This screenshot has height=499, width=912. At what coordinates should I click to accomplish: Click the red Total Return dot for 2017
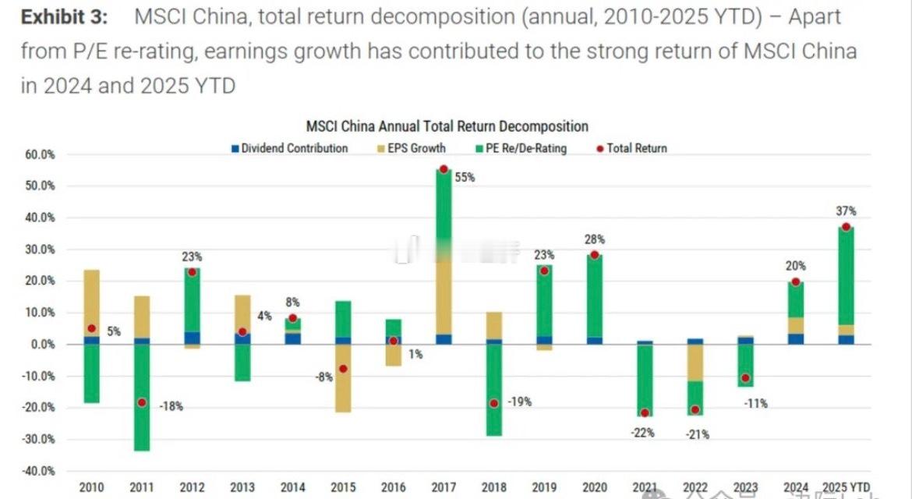pos(444,169)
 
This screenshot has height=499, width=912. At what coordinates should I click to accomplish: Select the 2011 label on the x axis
pos(142,488)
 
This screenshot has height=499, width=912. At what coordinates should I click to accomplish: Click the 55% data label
pos(465,178)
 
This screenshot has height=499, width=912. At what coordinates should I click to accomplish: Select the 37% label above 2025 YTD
pos(847,211)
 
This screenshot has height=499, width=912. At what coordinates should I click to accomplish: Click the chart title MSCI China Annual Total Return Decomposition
pos(447,126)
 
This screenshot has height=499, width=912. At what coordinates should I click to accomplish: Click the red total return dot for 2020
pos(595,255)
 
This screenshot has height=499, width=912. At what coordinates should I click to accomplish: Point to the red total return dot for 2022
pos(695,409)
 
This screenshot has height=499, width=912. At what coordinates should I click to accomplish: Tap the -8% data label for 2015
pos(324,377)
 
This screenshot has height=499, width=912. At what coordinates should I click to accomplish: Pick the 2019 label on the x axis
pos(544,488)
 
